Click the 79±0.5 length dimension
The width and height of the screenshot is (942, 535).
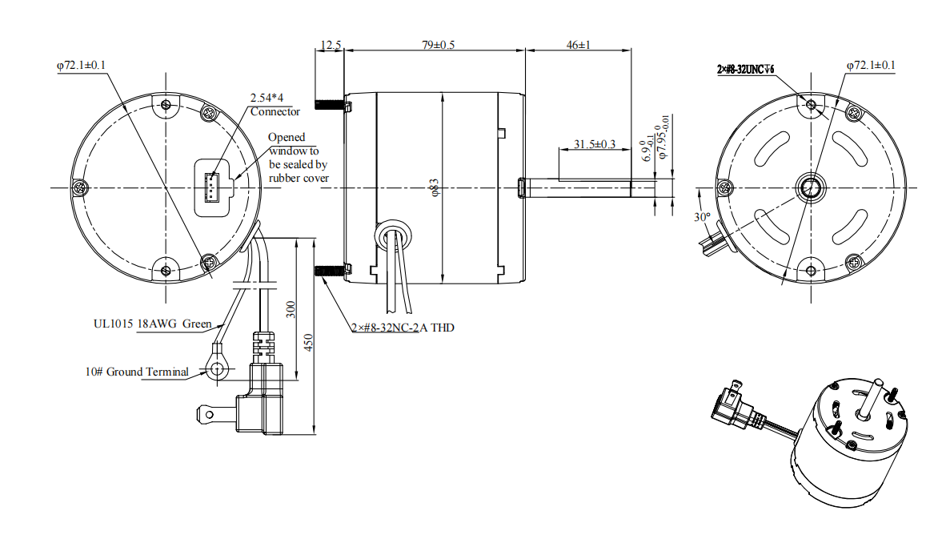[438, 45]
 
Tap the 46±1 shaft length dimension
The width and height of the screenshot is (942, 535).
[578, 45]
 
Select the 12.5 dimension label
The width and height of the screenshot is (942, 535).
[331, 45]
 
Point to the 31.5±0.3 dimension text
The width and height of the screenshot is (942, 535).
[594, 144]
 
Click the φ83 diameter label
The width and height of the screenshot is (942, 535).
[435, 187]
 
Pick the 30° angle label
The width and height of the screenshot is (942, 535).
[702, 217]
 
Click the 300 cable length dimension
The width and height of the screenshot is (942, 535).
[291, 310]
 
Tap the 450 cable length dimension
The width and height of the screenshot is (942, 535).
[308, 343]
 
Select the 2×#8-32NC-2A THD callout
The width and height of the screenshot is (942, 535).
[403, 328]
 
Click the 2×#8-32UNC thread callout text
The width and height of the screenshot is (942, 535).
[745, 70]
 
